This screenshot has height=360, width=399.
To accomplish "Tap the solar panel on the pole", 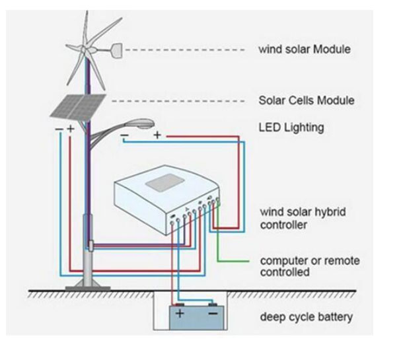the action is pyautogui.click(x=78, y=107).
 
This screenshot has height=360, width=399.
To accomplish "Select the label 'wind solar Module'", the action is pyautogui.click(x=305, y=49).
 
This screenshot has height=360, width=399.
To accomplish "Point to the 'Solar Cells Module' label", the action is pyautogui.click(x=307, y=100).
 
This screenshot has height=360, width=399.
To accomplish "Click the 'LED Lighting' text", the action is pyautogui.click(x=291, y=127).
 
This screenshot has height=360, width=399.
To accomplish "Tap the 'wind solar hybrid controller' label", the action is pyautogui.click(x=303, y=218).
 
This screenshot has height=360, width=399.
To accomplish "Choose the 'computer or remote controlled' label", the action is pyautogui.click(x=310, y=266).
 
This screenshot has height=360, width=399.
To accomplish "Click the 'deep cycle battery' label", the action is pyautogui.click(x=306, y=317).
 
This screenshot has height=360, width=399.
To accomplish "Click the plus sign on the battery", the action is pyautogui.click(x=180, y=313).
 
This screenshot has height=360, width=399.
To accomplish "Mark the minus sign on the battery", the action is pyautogui.click(x=213, y=313).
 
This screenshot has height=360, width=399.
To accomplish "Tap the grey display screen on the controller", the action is pyautogui.click(x=165, y=182).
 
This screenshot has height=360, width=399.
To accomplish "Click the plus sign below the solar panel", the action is pyautogui.click(x=71, y=129).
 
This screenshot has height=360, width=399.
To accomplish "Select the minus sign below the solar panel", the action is pyautogui.click(x=59, y=129).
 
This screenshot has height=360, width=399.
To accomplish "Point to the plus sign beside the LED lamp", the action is pyautogui.click(x=157, y=135).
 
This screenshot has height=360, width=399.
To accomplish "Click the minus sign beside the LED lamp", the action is pyautogui.click(x=124, y=135).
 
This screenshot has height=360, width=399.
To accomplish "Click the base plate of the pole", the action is pyautogui.click(x=88, y=288).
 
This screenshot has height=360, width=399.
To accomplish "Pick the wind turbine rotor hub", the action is pyautogui.click(x=84, y=49).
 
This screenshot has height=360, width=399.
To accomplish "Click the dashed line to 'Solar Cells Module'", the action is pyautogui.click(x=178, y=101).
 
